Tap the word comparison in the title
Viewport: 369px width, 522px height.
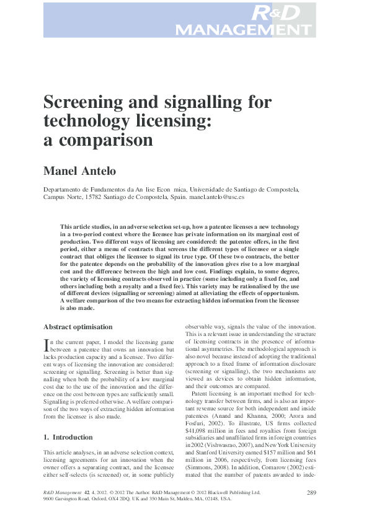click(x=105, y=140)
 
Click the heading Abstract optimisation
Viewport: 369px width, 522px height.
click(x=78, y=327)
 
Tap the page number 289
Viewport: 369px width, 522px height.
click(x=312, y=492)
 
